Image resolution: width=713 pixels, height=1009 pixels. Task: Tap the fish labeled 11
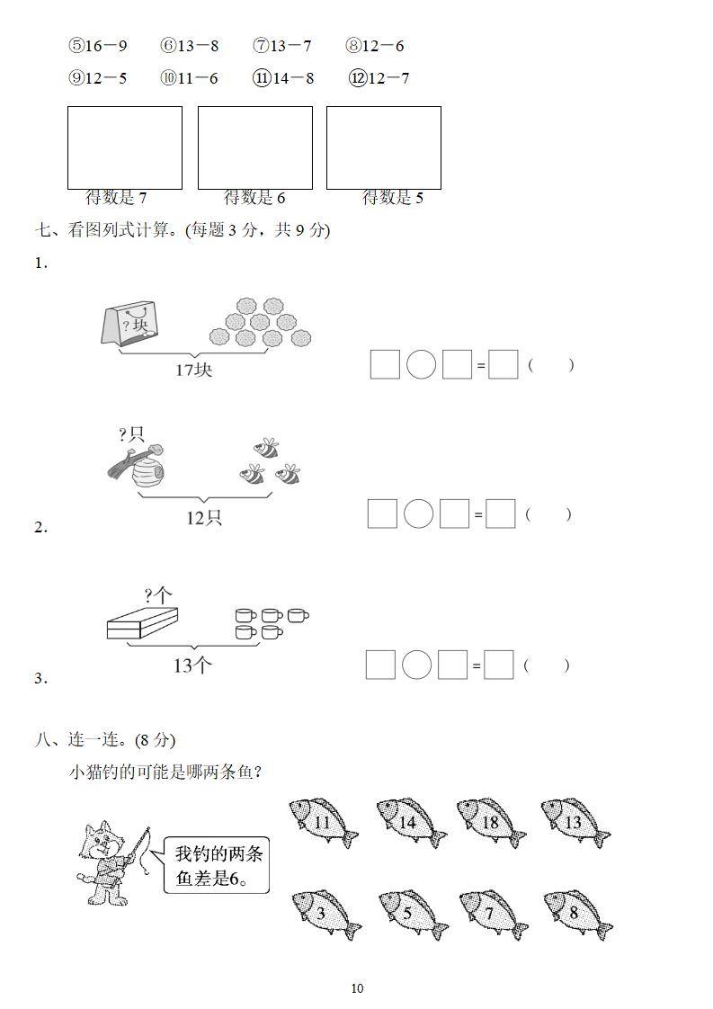pos(323,822)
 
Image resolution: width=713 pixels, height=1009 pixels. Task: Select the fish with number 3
pos(325,915)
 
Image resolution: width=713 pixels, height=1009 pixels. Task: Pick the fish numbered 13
pos(575,822)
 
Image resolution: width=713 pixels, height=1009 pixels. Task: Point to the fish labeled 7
pos(492,915)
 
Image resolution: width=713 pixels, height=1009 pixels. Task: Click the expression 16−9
pos(98,46)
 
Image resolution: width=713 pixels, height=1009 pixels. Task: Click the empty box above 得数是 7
pos(125,147)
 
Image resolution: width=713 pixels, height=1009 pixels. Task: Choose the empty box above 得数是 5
pos(383,147)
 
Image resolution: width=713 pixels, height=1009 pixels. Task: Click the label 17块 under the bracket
pos(193,369)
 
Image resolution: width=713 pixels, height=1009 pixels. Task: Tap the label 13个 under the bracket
pos(192,665)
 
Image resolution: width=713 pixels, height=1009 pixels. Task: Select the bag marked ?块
pos(131,323)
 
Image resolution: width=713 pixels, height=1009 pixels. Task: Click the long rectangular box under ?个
pos(142,622)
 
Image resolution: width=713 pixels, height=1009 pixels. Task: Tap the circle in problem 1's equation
pos(421,364)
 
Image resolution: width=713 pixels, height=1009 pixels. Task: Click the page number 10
pos(357,988)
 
